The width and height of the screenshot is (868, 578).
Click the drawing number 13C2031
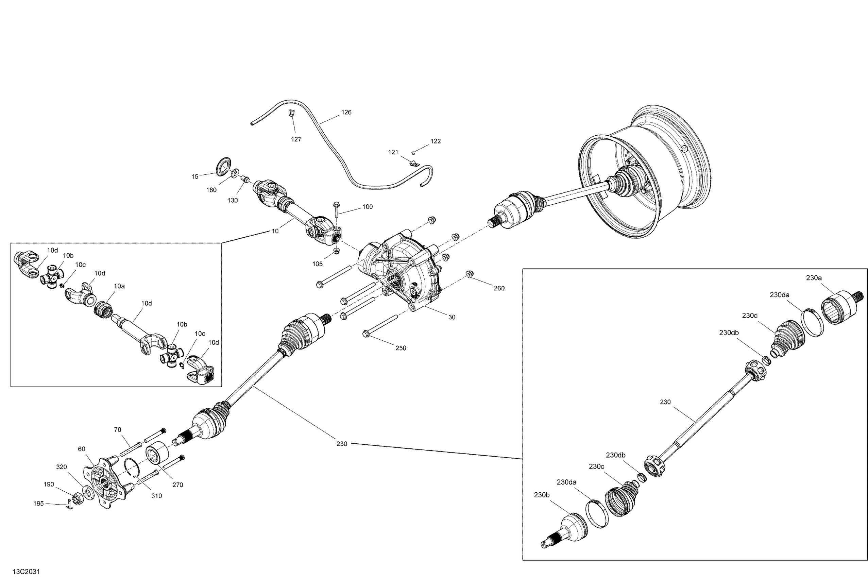[x=26, y=571]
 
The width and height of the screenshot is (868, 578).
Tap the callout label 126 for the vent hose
[x=346, y=112]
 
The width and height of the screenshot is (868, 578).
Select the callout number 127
[x=296, y=139]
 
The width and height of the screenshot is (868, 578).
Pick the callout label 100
[x=367, y=207]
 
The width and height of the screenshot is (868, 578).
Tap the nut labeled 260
[x=469, y=274]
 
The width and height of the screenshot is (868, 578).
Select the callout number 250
[x=401, y=348]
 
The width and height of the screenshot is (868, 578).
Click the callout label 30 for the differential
[x=452, y=317]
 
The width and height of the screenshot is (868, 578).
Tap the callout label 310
[x=157, y=496]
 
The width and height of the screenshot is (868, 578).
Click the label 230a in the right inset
[x=814, y=278]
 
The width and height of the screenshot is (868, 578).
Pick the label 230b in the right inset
[x=542, y=495]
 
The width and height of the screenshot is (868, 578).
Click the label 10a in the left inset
[x=119, y=286]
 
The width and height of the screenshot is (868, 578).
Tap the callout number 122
[x=436, y=141]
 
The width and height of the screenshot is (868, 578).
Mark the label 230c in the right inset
[x=596, y=466]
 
